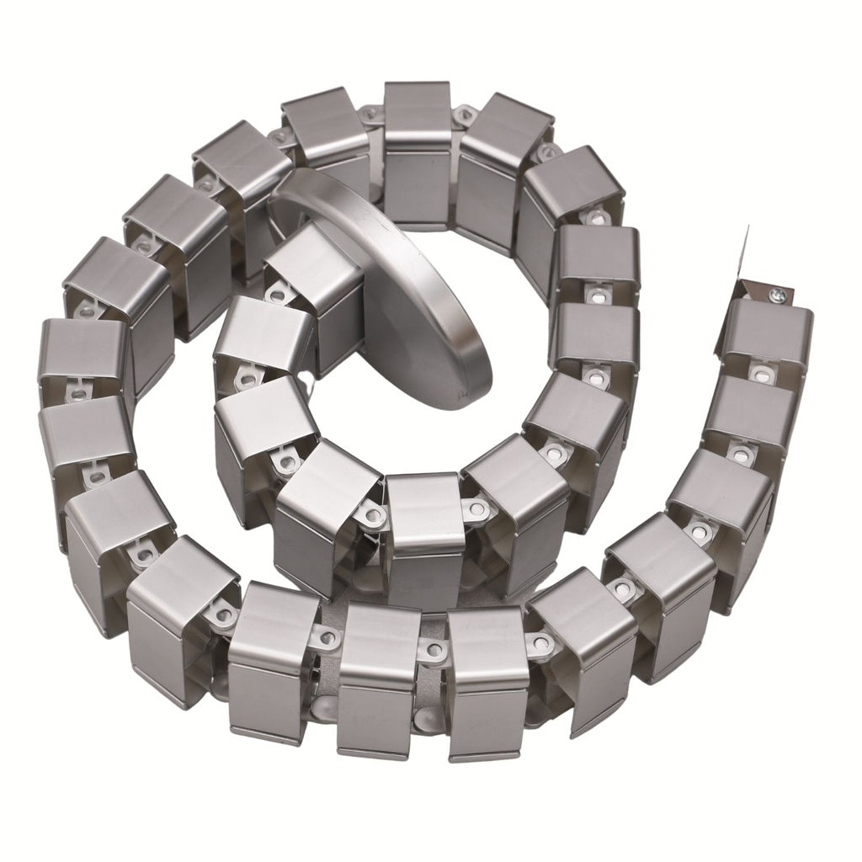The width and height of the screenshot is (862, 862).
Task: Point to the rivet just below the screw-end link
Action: (762, 370)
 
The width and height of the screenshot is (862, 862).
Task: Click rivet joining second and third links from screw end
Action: (741, 455)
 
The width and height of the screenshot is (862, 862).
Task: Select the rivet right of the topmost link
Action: (462, 114)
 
